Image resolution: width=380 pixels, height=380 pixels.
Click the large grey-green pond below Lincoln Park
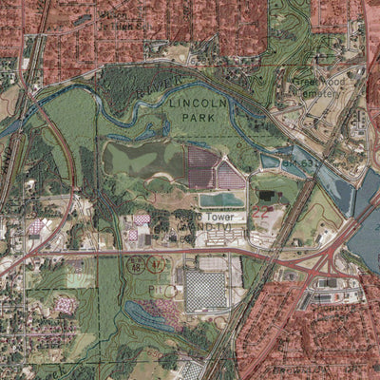click(142, 160)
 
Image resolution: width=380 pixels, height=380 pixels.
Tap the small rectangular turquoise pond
click(221, 199)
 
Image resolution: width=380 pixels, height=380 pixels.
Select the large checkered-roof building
click(205, 291)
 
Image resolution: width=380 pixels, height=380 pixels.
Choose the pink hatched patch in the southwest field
click(65, 305)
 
